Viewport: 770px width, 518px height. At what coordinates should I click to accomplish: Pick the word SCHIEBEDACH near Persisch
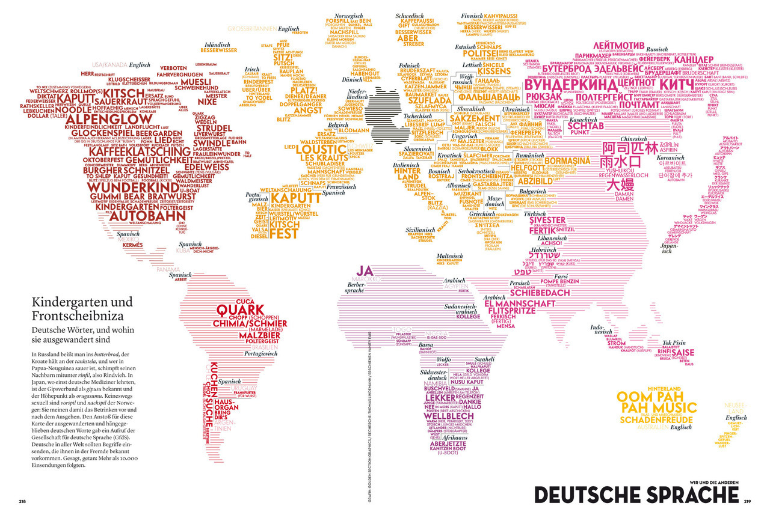point(540,293)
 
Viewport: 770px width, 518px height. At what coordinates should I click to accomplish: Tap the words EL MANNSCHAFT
point(520,304)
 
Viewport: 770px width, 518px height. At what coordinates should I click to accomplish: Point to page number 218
point(22,501)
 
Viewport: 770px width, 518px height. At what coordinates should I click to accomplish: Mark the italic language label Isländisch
point(217,44)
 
